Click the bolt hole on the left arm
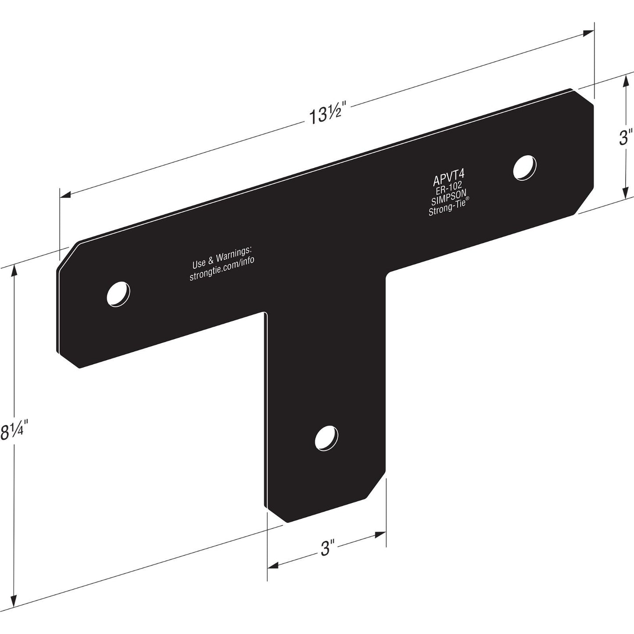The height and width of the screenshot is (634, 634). tap(118, 294)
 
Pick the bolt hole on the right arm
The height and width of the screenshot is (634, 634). tap(525, 167)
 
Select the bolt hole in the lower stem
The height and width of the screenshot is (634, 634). tap(327, 438)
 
